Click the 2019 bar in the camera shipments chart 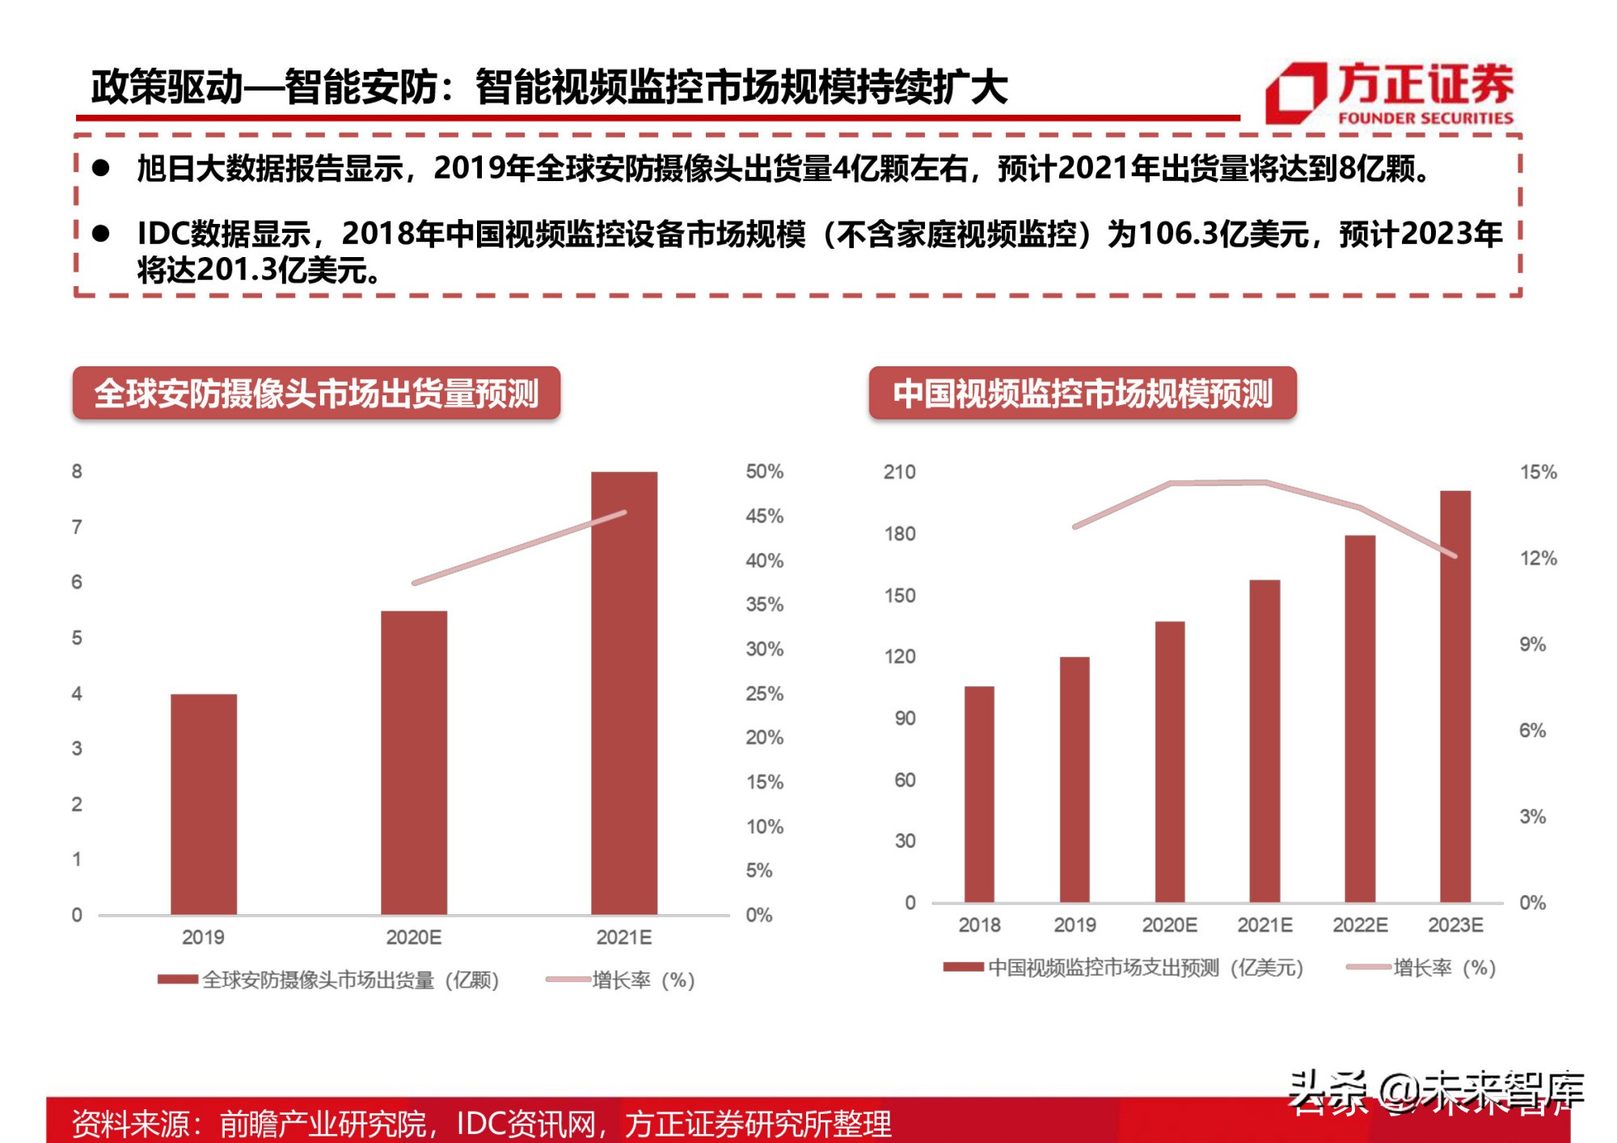[204, 803]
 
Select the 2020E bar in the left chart [414, 762]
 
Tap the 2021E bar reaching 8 [624, 693]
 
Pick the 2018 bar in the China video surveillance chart [979, 794]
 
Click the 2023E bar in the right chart [1455, 696]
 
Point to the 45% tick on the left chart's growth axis [764, 516]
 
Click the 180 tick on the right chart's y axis [899, 534]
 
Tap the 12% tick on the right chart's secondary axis [1538, 558]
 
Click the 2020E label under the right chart [1169, 925]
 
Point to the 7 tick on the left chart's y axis [77, 527]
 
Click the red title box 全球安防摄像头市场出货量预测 [316, 394]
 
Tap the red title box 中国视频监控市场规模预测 [1082, 394]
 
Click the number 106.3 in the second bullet [1177, 234]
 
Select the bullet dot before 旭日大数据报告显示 [101, 168]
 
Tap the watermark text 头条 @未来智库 [1435, 1092]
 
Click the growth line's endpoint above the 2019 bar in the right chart [1074, 526]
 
